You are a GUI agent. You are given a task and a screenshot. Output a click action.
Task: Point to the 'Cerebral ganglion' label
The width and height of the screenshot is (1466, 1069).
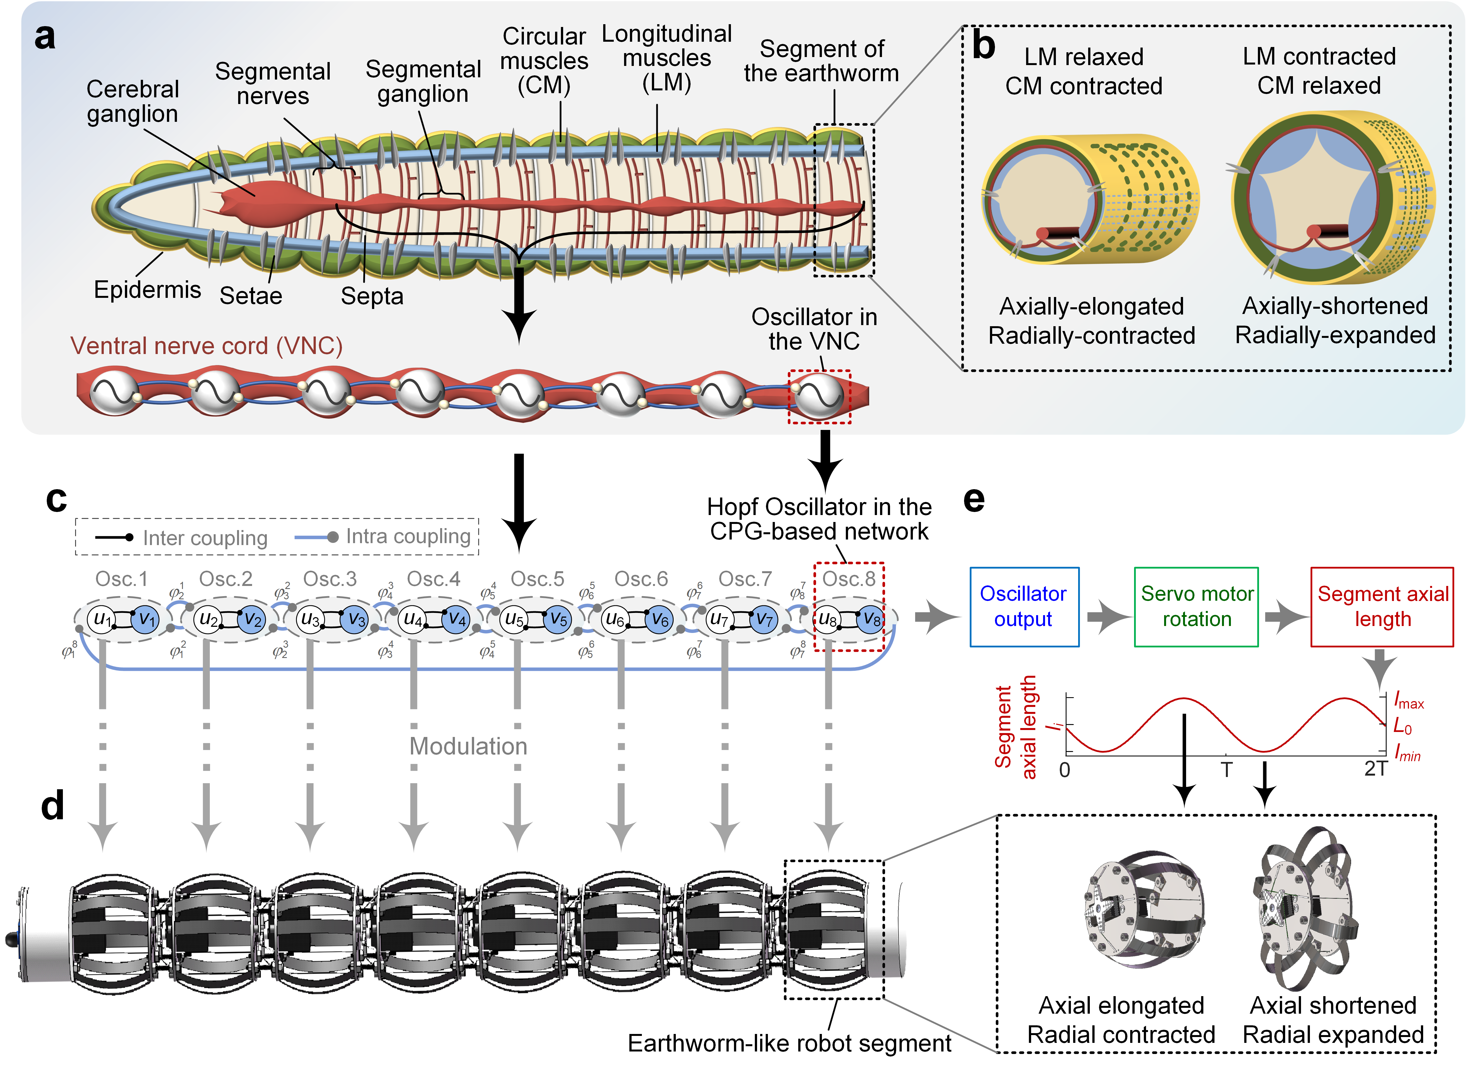[x=133, y=102]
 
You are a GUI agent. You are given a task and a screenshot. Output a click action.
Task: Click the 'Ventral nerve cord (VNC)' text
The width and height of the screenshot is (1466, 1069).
[x=206, y=346]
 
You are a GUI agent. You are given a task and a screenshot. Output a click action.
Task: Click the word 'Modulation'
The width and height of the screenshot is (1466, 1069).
[x=468, y=746]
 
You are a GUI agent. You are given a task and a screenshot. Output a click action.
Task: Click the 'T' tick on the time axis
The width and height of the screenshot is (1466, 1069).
[x=1226, y=769]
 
